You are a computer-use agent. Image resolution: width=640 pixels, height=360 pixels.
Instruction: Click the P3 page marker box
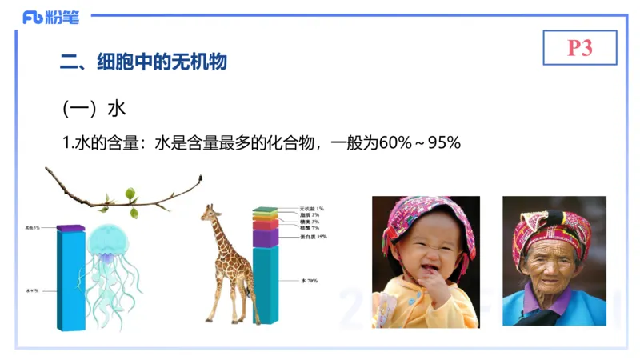pos(579,48)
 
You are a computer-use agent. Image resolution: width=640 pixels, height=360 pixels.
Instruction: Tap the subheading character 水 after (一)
pos(117,107)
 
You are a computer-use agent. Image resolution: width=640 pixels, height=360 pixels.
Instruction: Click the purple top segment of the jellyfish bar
pos(70,229)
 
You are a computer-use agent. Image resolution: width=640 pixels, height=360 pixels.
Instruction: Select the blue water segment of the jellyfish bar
pos(70,280)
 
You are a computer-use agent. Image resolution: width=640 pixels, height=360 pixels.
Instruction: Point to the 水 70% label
pos(310,281)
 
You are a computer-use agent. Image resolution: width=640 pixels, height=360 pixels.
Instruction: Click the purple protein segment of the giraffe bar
pos(265,237)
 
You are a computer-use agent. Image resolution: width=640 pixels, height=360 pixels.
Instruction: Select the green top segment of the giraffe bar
pos(265,210)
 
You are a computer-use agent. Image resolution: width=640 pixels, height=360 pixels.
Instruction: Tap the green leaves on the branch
pos(130,195)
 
